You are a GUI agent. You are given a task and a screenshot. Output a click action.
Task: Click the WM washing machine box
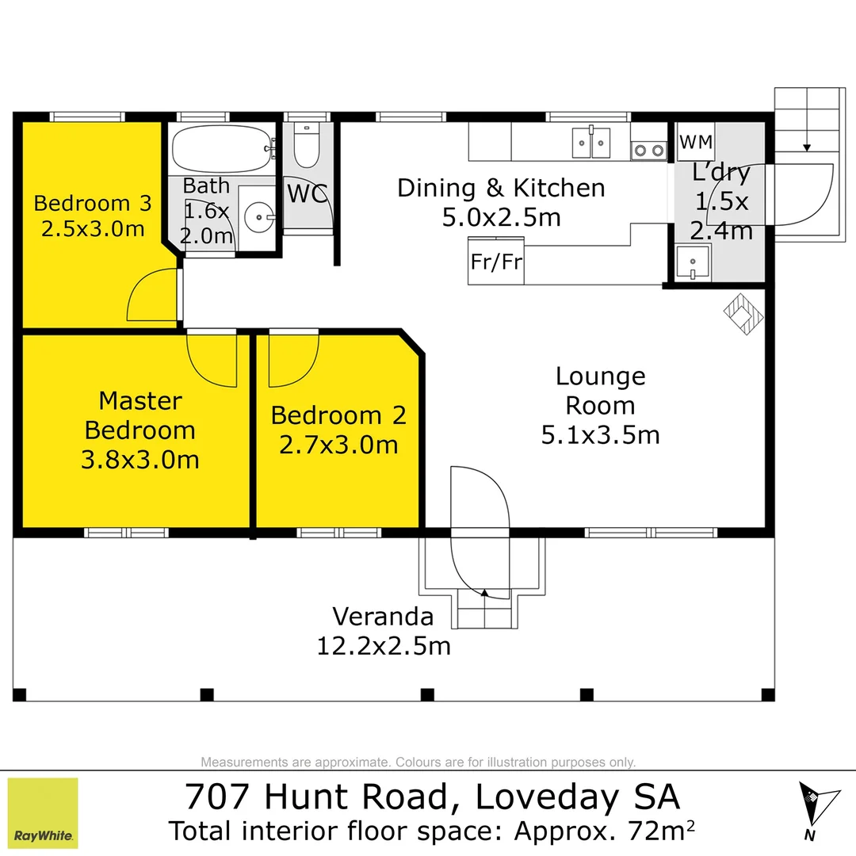pos(697,143)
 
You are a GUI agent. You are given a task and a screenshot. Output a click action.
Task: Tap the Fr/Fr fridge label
pos(496,261)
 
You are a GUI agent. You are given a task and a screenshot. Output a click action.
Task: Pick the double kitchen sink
pos(591,143)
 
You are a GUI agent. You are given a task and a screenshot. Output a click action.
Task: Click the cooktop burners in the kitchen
pos(649,150)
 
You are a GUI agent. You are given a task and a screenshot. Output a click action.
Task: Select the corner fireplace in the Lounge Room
pos(743,314)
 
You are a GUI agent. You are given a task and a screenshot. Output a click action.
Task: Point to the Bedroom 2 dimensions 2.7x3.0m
pos(338,445)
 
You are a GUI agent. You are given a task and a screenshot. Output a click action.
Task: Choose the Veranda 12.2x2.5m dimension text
pos(384,646)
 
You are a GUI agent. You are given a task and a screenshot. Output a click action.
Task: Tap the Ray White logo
pos(44,812)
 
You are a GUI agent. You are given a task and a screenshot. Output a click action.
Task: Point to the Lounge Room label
pos(600,391)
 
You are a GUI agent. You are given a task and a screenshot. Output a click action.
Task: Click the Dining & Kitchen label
pos(501,188)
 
